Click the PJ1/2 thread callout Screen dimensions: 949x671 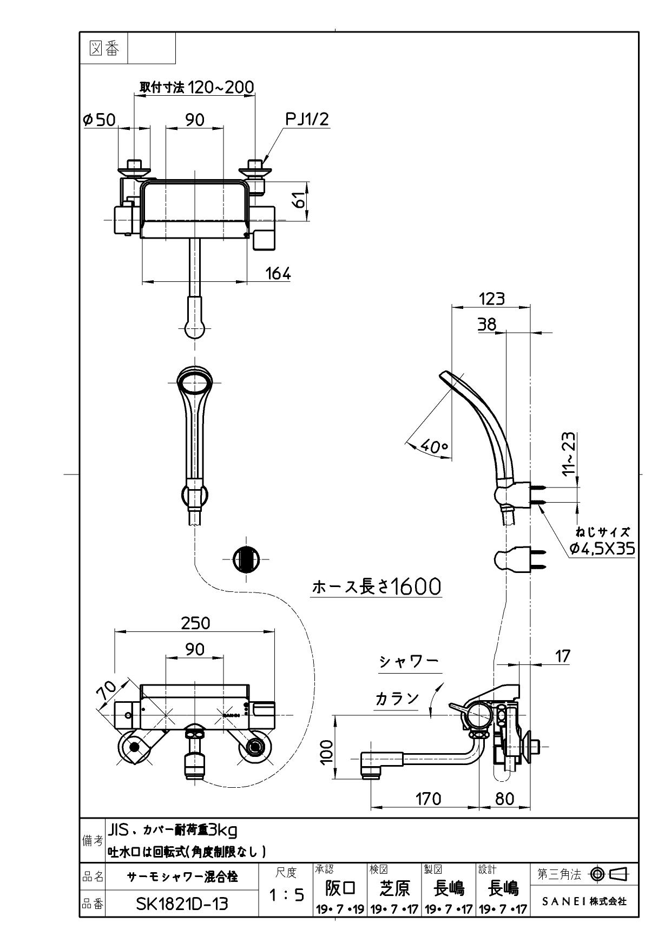[307, 120]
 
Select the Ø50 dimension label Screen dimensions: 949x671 [100, 120]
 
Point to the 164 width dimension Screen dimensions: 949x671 [278, 273]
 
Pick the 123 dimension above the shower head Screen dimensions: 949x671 [491, 298]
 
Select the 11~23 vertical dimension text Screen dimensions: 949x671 [568, 453]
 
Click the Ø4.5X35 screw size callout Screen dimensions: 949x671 [602, 549]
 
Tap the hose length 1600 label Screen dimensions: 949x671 [377, 586]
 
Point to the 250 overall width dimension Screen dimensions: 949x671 [195, 623]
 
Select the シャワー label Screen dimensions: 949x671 [408, 662]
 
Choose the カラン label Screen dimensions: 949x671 [397, 698]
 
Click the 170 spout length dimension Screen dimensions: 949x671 [429, 799]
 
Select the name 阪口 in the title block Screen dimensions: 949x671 [340, 888]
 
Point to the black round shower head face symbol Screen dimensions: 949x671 [246, 559]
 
